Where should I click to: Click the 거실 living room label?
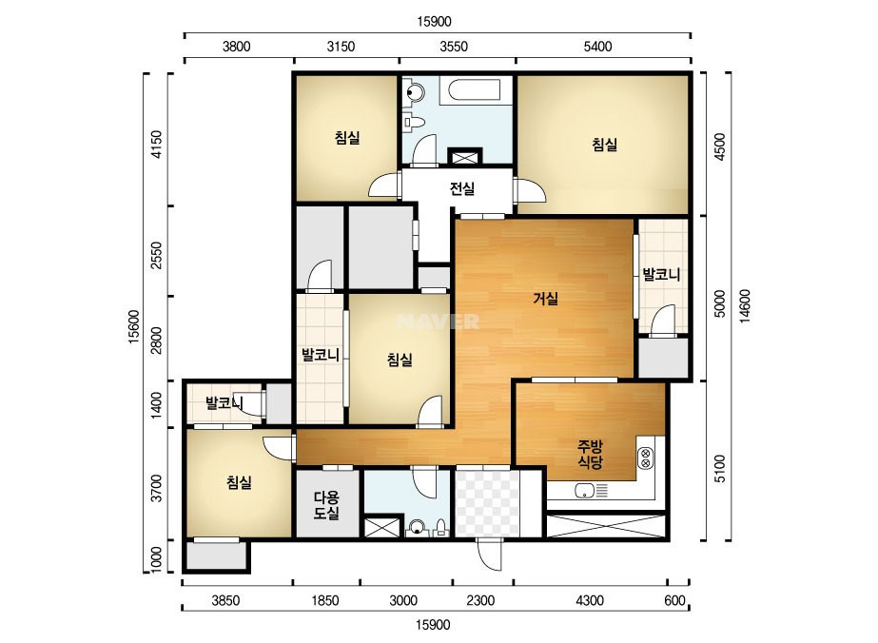point(545,299)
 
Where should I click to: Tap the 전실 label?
point(462,188)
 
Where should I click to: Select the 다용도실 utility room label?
point(326,505)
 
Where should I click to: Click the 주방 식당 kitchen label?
point(590,455)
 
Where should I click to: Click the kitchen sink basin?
point(585,491)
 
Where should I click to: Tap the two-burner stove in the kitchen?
point(645,458)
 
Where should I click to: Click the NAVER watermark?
point(438,321)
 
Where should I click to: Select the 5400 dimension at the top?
point(597,47)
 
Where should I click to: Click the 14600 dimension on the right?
point(745,306)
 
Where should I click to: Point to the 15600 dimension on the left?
point(134,326)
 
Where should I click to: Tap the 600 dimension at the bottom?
point(674,600)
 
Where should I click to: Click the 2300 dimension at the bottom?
point(480,600)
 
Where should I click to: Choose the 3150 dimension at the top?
point(341,47)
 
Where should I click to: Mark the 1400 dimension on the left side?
point(157,404)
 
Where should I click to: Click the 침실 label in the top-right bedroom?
point(605,144)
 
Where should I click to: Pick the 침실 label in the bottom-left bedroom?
point(239,482)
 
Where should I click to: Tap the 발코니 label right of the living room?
point(661,275)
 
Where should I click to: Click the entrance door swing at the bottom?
point(490,555)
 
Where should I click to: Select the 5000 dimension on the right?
point(720,303)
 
